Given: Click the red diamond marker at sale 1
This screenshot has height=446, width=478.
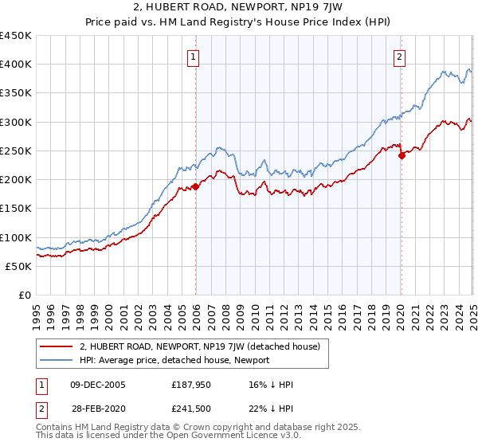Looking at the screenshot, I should (x=196, y=187).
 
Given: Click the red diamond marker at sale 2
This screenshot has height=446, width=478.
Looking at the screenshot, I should (x=402, y=156).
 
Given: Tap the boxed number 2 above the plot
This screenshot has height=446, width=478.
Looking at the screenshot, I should (x=399, y=56).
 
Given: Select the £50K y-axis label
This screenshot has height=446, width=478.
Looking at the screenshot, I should (x=18, y=266).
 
